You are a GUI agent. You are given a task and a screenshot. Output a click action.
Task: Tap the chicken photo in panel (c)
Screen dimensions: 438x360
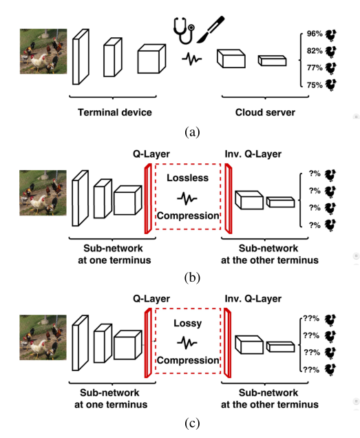tap(43, 337)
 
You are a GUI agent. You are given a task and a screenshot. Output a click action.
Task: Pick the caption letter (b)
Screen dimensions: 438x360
tap(188, 278)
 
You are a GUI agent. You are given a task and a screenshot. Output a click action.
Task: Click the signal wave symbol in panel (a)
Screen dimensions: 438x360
tap(192, 59)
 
